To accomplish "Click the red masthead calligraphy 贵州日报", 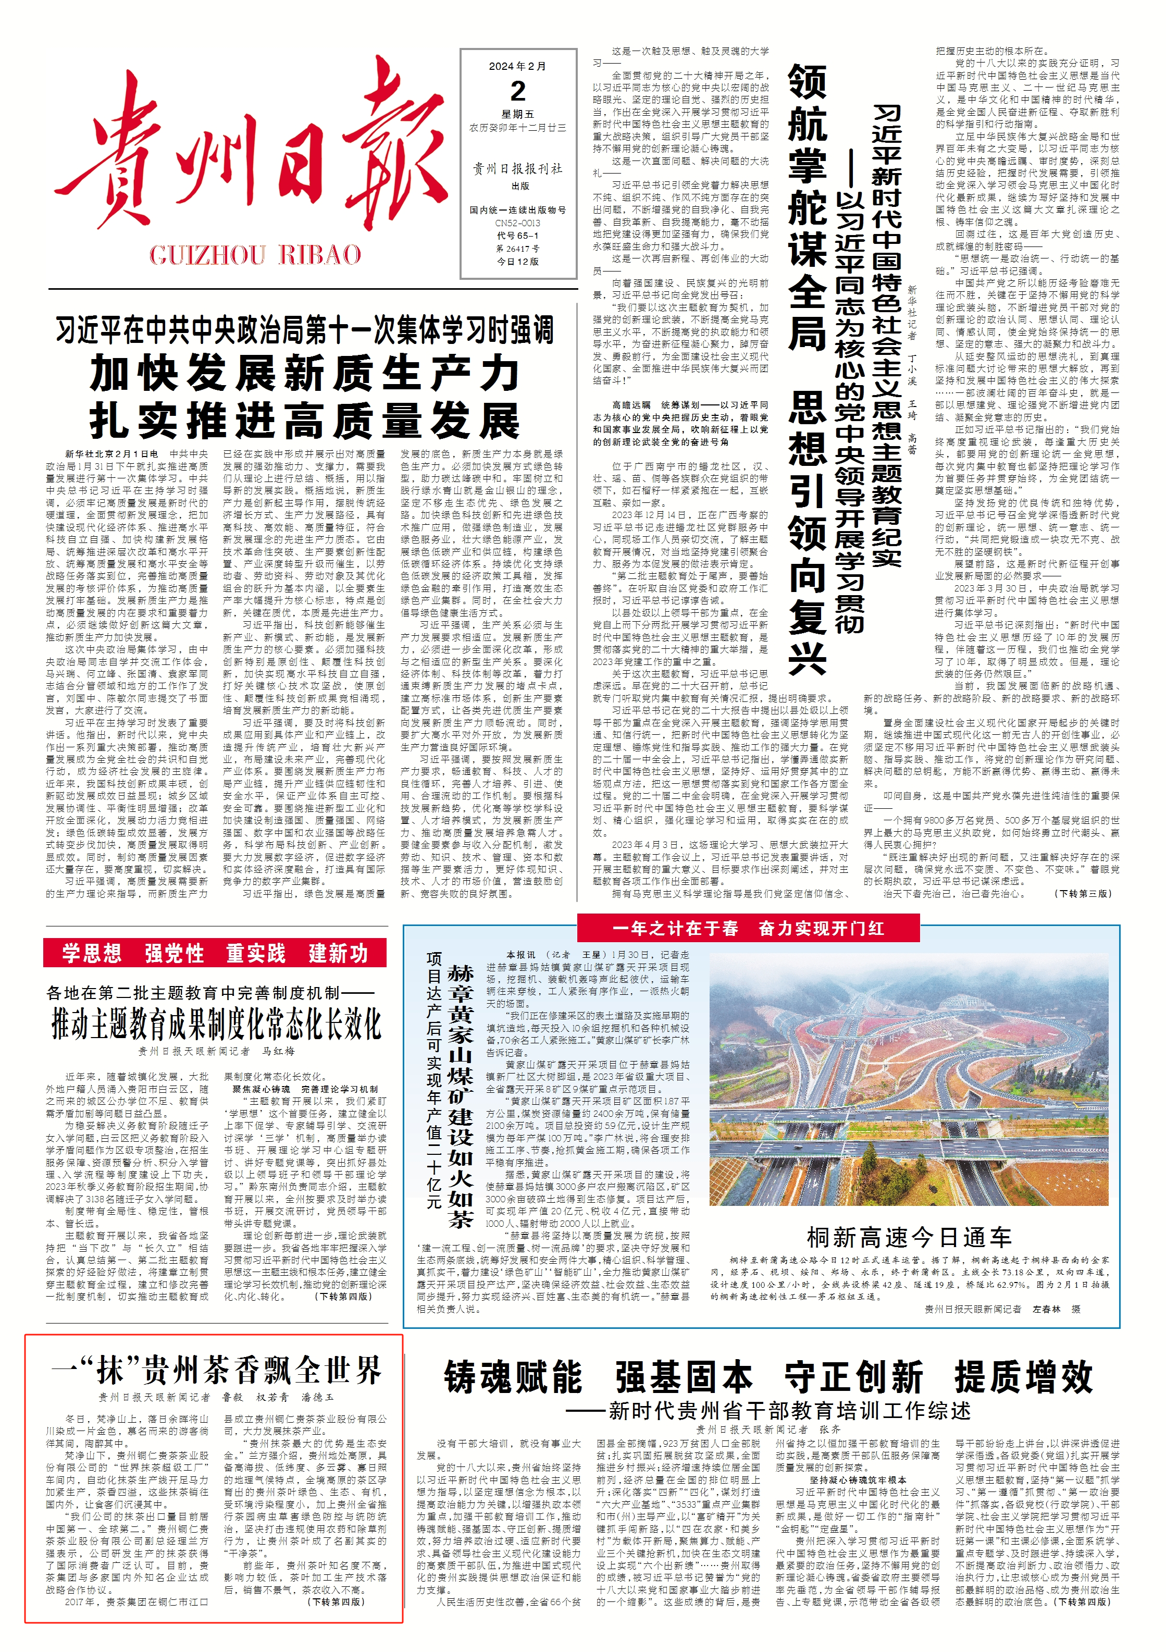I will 252,155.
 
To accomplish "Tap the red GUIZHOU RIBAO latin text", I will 255,255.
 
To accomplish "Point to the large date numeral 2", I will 518,91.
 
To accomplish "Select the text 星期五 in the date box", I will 518,114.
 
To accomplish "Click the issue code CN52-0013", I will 518,224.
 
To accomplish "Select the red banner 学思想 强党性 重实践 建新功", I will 215,953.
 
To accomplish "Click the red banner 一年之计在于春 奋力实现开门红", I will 748,928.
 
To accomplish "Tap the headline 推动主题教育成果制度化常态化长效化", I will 216,1025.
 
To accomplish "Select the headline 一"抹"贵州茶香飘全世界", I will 216,1370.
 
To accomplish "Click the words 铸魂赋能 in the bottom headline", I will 513,1378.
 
